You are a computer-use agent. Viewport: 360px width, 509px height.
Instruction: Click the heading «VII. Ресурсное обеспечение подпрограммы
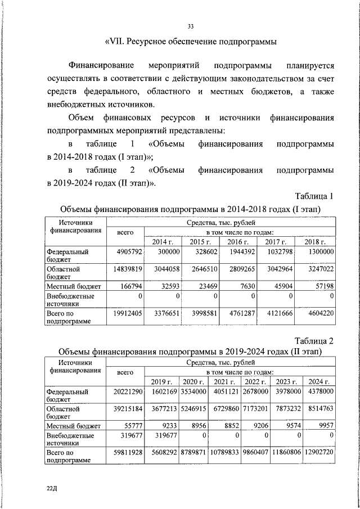pyautogui.click(x=191, y=42)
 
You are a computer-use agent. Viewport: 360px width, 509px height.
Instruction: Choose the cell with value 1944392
pyautogui.click(x=238, y=253)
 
